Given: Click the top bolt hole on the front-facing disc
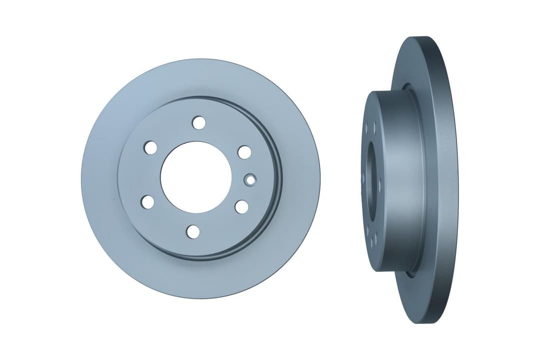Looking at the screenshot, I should pos(198,122).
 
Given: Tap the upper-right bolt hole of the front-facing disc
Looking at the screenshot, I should pos(244,151).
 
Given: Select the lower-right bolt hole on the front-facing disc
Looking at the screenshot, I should pos(241,206).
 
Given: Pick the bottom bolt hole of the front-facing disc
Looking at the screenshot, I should pos(192,231).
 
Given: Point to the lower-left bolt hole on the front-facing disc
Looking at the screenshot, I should pos(147,201).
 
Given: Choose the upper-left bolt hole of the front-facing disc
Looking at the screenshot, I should pos(150,147).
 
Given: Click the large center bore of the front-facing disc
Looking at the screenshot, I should pos(196,176).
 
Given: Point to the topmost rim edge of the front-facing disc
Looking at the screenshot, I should pos(200,60).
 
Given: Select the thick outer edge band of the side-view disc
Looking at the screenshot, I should pos(447,180).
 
